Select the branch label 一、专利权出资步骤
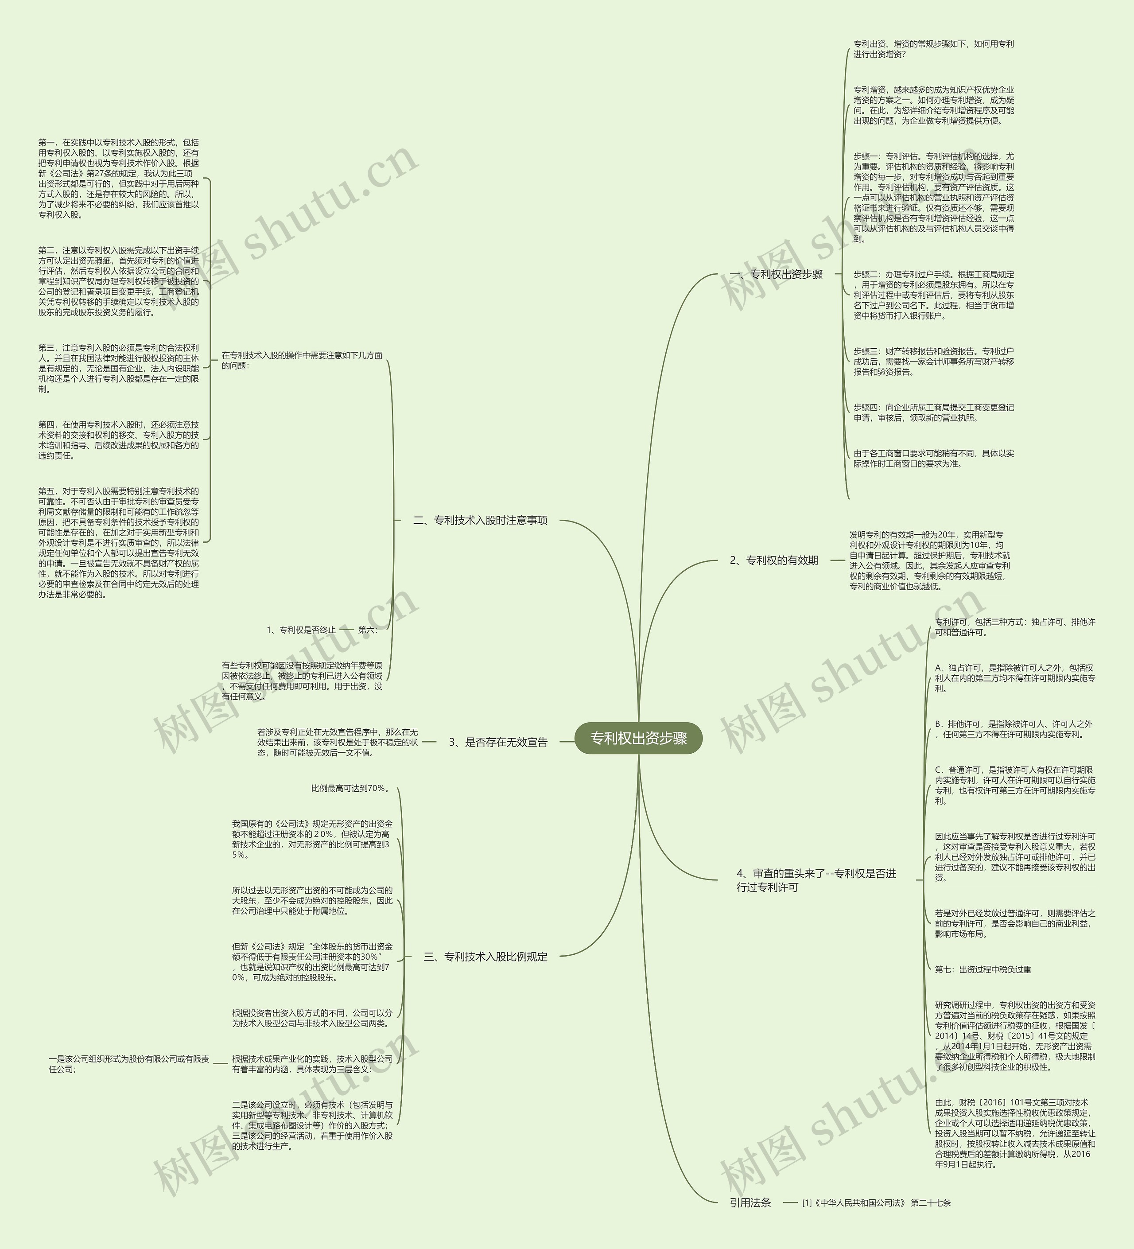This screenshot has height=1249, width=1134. (x=776, y=274)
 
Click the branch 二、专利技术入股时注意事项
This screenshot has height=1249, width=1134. (x=480, y=521)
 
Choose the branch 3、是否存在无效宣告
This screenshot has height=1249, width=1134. (x=498, y=742)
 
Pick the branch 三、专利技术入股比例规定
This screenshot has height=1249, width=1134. (x=485, y=957)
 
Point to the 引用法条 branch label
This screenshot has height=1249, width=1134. (x=750, y=1202)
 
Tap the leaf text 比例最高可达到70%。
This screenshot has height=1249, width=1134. (x=350, y=788)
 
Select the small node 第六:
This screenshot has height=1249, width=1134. (x=367, y=630)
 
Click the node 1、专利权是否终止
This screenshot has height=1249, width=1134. (x=301, y=630)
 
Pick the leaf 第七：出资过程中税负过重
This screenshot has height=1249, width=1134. (x=983, y=969)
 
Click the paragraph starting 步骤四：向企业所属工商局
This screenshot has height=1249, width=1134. (x=933, y=412)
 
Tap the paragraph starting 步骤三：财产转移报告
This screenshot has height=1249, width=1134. (x=933, y=361)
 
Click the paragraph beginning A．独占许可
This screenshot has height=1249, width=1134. (x=1014, y=678)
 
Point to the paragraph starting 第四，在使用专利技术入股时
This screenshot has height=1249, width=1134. (x=118, y=440)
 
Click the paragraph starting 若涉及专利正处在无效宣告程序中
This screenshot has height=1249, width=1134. (x=338, y=742)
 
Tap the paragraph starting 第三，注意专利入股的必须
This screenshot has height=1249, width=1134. (x=118, y=368)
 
